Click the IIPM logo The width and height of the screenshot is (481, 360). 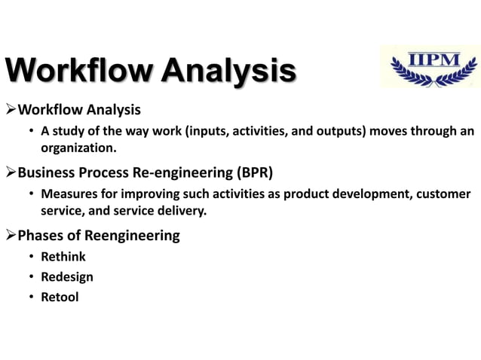pos(429,66)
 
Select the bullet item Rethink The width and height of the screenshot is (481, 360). pos(63,257)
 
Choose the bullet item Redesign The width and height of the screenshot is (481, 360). pos(67,276)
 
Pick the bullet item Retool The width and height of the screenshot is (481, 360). pos(60,297)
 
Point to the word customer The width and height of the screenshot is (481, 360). pos(443,195)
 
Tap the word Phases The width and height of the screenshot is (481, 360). pos(42,236)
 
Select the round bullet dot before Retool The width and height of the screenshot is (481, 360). pos(31,297)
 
